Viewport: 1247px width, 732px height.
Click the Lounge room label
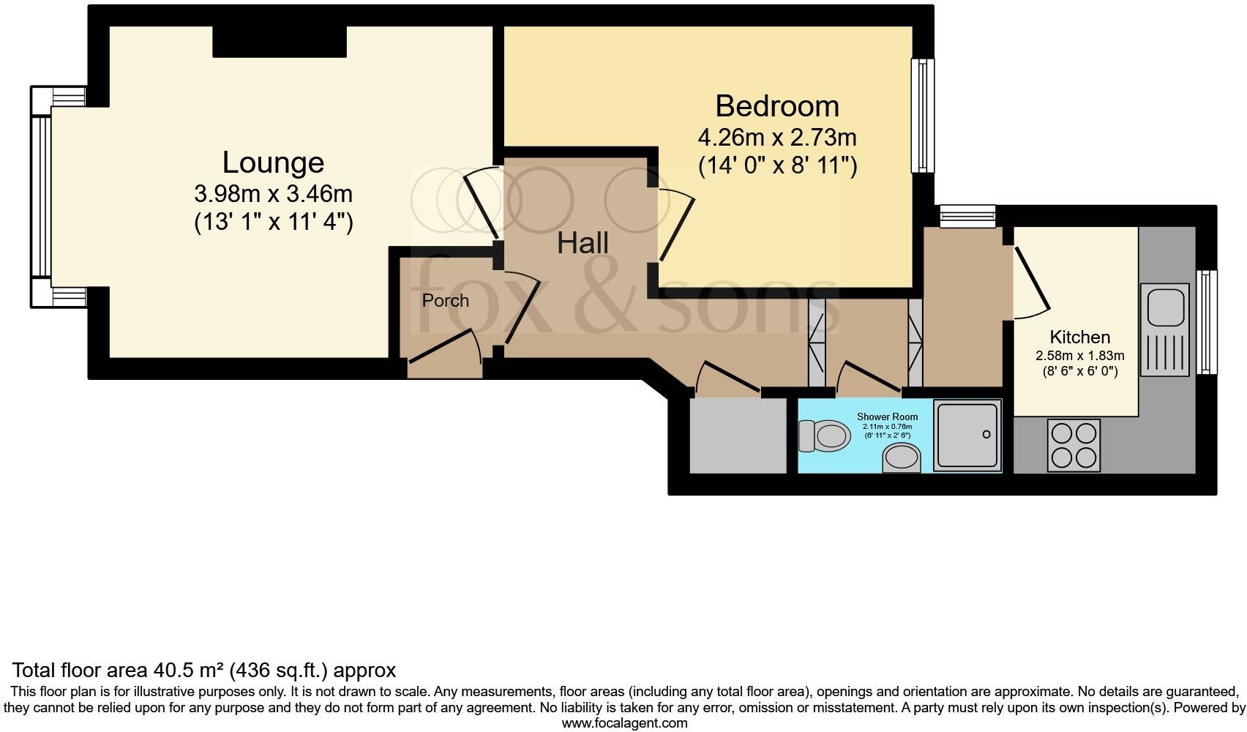click(273, 163)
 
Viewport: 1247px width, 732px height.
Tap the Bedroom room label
click(776, 106)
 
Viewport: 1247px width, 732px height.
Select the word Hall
click(583, 243)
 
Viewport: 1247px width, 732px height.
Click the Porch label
click(445, 300)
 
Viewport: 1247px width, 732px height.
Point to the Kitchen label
click(1079, 337)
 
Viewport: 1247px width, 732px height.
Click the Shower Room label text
click(887, 417)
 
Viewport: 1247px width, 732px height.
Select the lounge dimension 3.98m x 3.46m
click(273, 194)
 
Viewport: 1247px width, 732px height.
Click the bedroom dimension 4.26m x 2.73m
click(776, 138)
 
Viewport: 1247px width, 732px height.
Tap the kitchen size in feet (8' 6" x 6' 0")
click(1079, 371)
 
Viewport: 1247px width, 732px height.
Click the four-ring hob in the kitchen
click(1074, 445)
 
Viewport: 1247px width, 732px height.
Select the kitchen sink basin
click(1164, 306)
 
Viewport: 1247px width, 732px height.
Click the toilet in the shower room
click(825, 436)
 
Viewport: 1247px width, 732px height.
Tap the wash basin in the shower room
click(902, 459)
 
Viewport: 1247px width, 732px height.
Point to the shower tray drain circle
click(986, 434)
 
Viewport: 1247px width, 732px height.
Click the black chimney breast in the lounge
click(279, 41)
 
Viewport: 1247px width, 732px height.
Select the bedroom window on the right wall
click(922, 116)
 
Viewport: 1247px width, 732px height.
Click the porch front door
click(443, 348)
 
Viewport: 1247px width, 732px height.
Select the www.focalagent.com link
click(623, 723)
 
